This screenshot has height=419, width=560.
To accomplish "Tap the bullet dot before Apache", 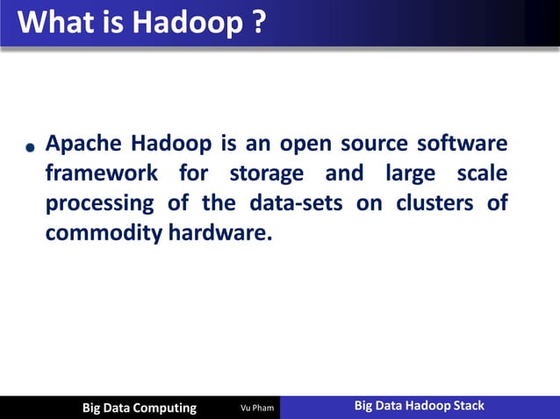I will pyautogui.click(x=30, y=148).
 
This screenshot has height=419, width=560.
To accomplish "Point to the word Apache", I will pyautogui.click(x=83, y=143).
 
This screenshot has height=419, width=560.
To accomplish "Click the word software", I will pyautogui.click(x=463, y=143).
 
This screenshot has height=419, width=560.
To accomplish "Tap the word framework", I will pyautogui.click(x=101, y=174).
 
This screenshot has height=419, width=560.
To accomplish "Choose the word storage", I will pyautogui.click(x=267, y=174).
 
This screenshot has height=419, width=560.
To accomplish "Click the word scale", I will pyautogui.click(x=483, y=174).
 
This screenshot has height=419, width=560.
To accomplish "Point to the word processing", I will pyautogui.click(x=92, y=204).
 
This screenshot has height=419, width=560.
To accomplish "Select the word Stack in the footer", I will pyautogui.click(x=465, y=406).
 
